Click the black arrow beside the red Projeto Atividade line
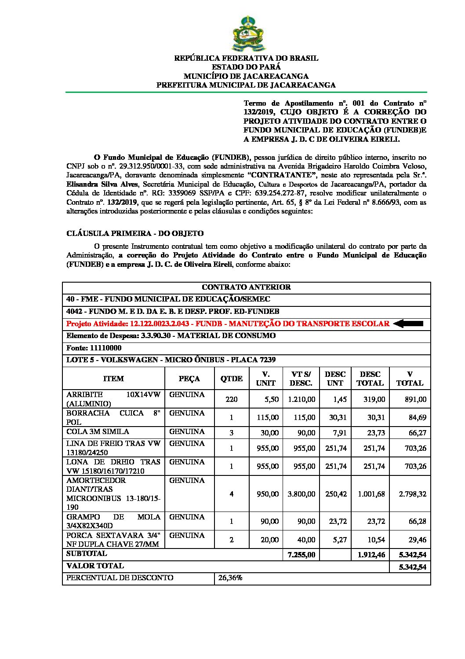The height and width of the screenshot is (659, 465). pyautogui.click(x=408, y=324)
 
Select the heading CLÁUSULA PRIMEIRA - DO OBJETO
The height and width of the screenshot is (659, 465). pyautogui.click(x=135, y=233)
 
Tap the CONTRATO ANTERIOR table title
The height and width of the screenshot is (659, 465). pyautogui.click(x=246, y=287)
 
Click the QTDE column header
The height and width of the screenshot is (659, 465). pyautogui.click(x=231, y=379)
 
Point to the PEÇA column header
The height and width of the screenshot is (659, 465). pyautogui.click(x=189, y=379)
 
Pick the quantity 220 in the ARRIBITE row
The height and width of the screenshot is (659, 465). pyautogui.click(x=231, y=399)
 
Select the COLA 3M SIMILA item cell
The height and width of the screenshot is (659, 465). pyautogui.click(x=98, y=432)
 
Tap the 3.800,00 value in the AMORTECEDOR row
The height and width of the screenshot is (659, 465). pyautogui.click(x=302, y=494)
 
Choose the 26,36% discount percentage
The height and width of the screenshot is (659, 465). pyautogui.click(x=230, y=578)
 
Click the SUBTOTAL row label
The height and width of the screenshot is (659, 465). pyautogui.click(x=87, y=554)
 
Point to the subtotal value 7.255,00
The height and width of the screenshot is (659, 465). pyautogui.click(x=302, y=555)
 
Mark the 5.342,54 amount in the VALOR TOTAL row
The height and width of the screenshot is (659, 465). pyautogui.click(x=412, y=567)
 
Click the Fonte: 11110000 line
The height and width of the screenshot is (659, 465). pyautogui.click(x=94, y=348)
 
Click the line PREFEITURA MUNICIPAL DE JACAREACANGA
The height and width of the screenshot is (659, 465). pyautogui.click(x=246, y=85)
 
